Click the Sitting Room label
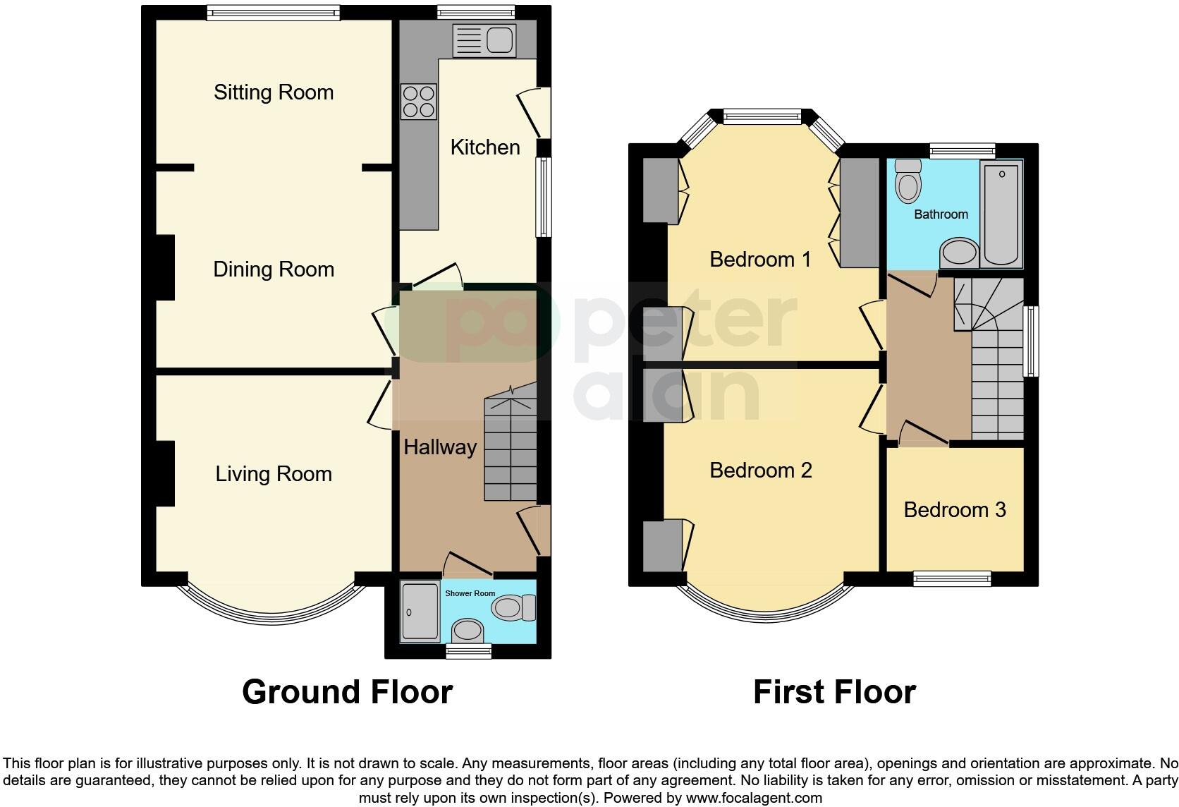coord(274,92)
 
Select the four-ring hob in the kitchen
coord(419,102)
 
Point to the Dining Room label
coord(274,269)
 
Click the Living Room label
coord(274,474)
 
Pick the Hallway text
coord(440,447)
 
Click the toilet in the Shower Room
coord(514,607)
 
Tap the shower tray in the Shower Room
coord(419,612)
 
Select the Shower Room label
coord(470,593)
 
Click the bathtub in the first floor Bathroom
coord(1001,214)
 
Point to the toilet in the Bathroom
coord(908,181)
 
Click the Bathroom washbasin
coord(959,253)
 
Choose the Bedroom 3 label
coord(955,510)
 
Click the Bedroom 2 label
coord(760,471)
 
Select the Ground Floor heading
coord(347,692)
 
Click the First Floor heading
coord(834,692)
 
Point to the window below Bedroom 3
coord(952,579)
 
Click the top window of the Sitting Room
coord(274,13)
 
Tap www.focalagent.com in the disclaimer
coord(754,799)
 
